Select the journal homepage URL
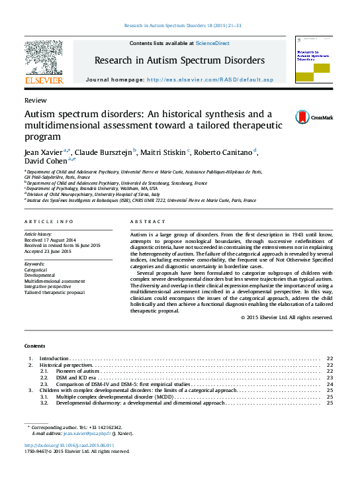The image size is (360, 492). point(210,79)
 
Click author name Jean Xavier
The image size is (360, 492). point(44,153)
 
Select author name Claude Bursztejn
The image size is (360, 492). point(105,153)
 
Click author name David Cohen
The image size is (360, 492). point(46,162)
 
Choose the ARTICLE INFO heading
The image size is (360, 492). point(49,221)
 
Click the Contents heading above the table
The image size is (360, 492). point(35,346)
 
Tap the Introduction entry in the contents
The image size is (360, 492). point(54,358)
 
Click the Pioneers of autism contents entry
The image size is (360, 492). point(79,371)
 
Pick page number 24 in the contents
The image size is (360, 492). point(330,383)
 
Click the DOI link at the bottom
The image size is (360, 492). point(69,446)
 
